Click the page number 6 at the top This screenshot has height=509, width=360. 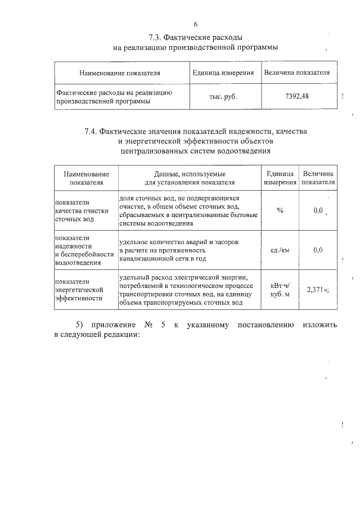pos(195,24)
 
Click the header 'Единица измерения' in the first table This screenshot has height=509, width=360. pos(223,73)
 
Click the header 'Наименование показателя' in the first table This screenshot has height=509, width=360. pos(120,73)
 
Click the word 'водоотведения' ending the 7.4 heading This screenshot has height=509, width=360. pos(244,151)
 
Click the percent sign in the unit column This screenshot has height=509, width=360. pos(280,210)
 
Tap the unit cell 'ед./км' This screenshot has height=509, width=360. pos(280,250)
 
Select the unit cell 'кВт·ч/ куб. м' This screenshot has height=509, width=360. pos(280,290)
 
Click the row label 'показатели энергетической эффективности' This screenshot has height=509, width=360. pos(79,290)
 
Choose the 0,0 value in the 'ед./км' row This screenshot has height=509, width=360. pos(317,250)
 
